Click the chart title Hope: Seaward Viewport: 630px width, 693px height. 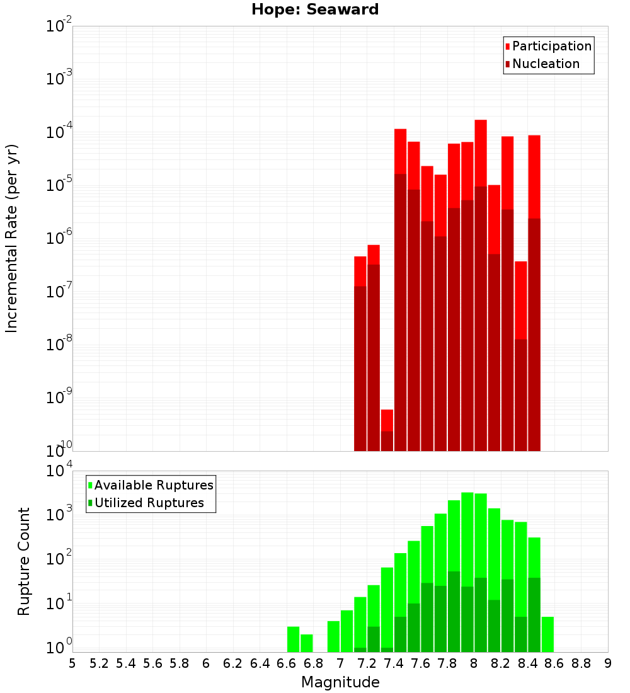pos(315,10)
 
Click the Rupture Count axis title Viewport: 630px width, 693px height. pos(24,561)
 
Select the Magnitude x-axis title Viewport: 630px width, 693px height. pos(340,682)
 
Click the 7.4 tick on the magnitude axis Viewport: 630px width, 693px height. pos(394,664)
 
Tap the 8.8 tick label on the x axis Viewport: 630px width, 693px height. pos(581,664)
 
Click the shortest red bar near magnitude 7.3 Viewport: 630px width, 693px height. pos(387,428)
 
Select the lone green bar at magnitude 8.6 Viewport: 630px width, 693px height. pos(547,634)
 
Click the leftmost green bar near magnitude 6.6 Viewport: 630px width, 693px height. pos(293,639)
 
